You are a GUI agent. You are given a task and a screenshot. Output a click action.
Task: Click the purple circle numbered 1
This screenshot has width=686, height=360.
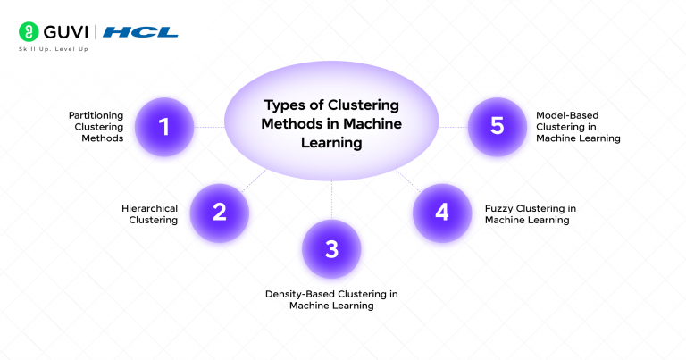(x=164, y=127)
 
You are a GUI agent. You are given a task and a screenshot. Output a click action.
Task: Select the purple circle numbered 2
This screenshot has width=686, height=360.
(x=220, y=213)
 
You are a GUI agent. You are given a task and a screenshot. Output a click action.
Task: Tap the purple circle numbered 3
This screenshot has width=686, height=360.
(x=331, y=248)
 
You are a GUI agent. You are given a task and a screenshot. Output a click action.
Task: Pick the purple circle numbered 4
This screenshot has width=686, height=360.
(x=441, y=213)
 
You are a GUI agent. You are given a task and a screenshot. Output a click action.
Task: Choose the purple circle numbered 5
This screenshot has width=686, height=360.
(x=498, y=127)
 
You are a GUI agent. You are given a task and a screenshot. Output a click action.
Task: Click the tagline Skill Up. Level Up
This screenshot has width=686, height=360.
(x=53, y=48)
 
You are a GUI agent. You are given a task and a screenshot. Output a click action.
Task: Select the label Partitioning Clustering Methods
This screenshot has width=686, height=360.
(x=96, y=127)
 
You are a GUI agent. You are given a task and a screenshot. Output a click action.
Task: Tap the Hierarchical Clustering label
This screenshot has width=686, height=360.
(x=149, y=213)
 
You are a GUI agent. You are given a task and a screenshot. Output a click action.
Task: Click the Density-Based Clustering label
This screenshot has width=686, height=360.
(x=331, y=299)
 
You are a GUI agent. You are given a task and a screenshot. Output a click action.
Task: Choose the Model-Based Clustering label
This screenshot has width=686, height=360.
(x=577, y=127)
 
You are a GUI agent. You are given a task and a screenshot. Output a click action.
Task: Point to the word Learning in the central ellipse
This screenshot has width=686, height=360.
(x=331, y=143)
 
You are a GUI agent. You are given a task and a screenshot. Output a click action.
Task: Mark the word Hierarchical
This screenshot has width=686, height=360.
(x=149, y=208)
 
